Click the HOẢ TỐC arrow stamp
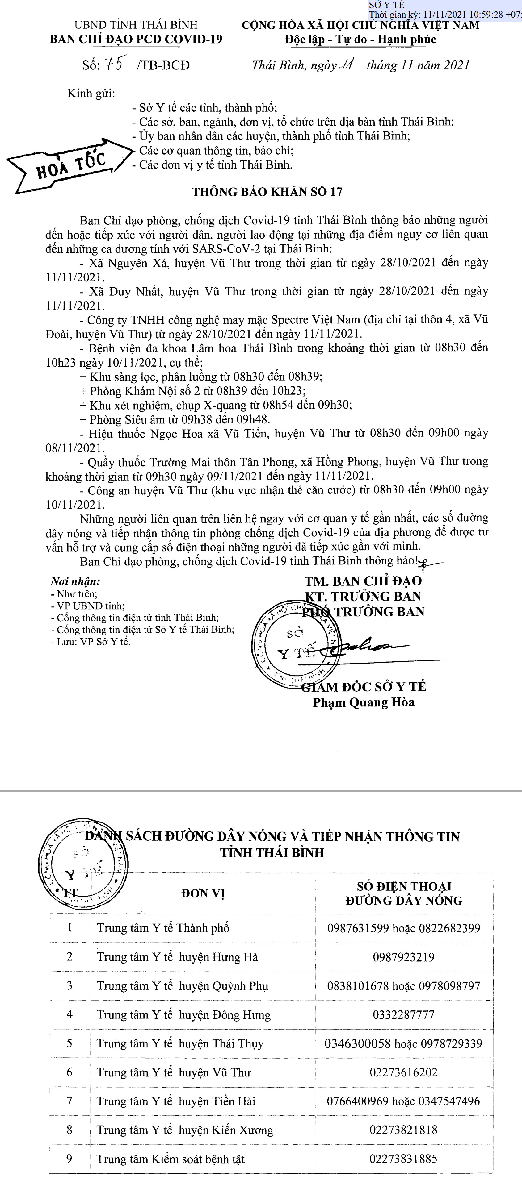click(x=70, y=165)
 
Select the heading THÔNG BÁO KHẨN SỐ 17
click(x=267, y=192)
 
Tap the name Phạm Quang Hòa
click(x=363, y=702)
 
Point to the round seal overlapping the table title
click(x=83, y=864)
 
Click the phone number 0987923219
click(x=403, y=957)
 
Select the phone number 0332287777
click(x=403, y=1015)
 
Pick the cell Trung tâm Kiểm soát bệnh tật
click(x=170, y=1159)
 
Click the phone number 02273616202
click(x=403, y=1072)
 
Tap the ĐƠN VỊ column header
click(x=203, y=894)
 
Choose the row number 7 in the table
click(x=69, y=1101)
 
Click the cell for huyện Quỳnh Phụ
click(x=183, y=986)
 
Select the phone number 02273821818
click(x=403, y=1130)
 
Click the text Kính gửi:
click(x=91, y=94)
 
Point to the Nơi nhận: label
click(x=75, y=581)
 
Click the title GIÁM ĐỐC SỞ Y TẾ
click(x=364, y=687)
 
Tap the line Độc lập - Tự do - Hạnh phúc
click(x=360, y=40)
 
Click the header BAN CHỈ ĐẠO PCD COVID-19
click(x=136, y=39)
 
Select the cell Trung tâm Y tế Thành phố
click(x=163, y=928)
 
